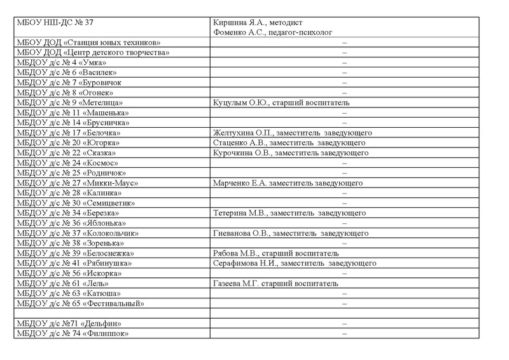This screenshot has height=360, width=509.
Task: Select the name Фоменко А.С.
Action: click(238, 32)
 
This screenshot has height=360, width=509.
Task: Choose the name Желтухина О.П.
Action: click(242, 133)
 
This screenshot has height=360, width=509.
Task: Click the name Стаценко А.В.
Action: click(239, 143)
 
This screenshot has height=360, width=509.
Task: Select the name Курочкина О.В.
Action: click(242, 153)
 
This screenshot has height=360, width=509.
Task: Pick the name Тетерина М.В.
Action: click(239, 213)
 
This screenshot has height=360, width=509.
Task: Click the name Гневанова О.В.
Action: click(241, 233)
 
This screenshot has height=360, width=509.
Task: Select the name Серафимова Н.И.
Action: click(245, 263)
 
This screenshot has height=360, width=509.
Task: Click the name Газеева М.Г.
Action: click(237, 284)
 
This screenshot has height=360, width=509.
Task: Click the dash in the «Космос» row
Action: click(344, 163)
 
